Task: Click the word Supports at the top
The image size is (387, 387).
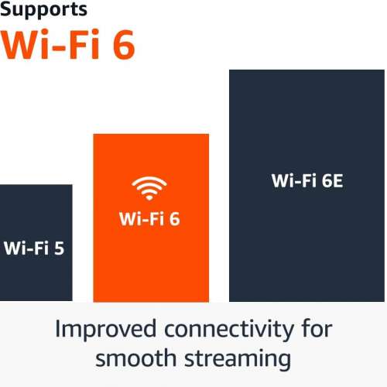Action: click(43, 11)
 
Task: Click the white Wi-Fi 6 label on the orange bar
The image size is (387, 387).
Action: click(149, 219)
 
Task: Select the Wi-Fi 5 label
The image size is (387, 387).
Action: click(34, 249)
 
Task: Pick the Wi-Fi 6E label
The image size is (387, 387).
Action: click(307, 182)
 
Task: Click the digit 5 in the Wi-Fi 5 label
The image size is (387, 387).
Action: click(59, 249)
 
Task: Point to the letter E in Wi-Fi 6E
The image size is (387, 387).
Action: click(337, 182)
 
